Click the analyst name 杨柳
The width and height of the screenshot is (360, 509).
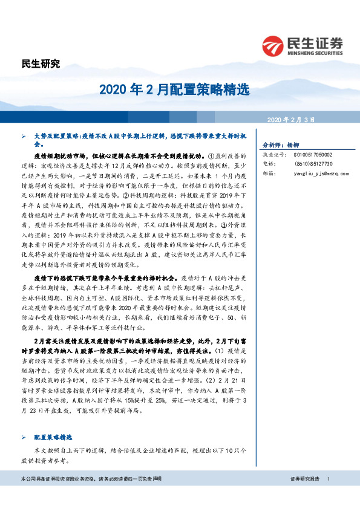tap(293, 146)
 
